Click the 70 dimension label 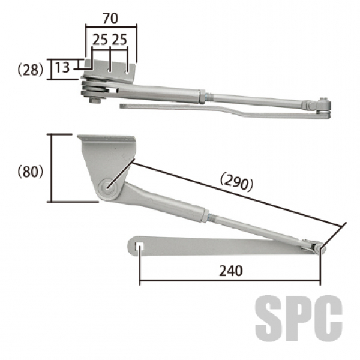pos(110,19)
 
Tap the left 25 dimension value pos(100,40)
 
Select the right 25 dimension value pos(119,40)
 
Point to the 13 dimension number pos(62,67)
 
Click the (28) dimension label pos(31,70)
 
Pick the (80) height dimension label pos(31,171)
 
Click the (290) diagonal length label pos(237,183)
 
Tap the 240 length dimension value pos(231,271)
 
